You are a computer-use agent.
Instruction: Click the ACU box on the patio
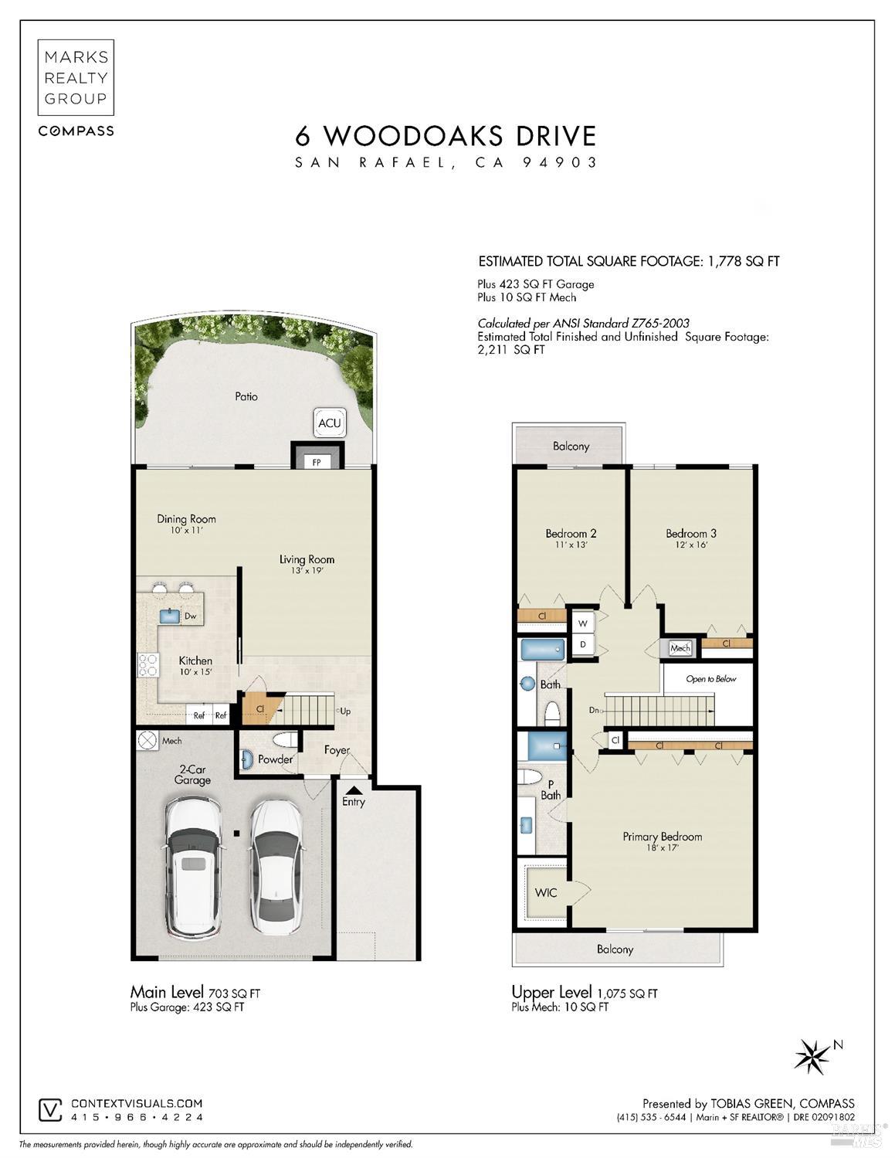(x=329, y=423)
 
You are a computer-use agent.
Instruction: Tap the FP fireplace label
(x=317, y=462)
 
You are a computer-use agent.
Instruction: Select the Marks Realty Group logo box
(x=76, y=77)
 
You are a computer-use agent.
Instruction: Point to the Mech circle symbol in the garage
(x=147, y=741)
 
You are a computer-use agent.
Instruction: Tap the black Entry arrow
(x=353, y=790)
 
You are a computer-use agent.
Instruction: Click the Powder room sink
(x=246, y=760)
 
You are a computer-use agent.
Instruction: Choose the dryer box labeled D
(x=582, y=644)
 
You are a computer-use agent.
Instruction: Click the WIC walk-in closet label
(x=546, y=892)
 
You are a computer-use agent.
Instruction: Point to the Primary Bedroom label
(x=662, y=837)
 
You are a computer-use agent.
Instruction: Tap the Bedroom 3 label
(x=690, y=533)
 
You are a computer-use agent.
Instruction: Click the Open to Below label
(x=710, y=679)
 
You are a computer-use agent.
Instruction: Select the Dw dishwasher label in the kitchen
(x=190, y=616)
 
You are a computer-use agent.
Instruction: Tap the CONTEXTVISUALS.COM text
(x=137, y=1105)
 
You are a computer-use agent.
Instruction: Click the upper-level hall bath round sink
(x=527, y=683)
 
